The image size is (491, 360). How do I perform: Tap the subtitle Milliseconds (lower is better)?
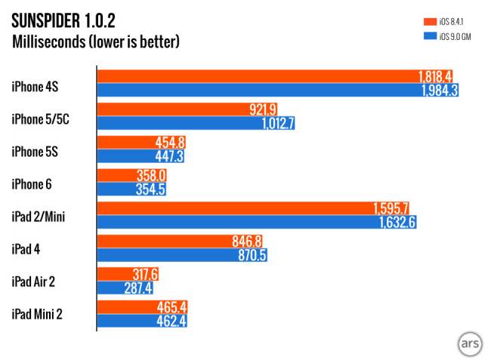click(x=97, y=41)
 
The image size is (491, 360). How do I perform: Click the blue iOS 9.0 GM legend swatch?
click(x=431, y=35)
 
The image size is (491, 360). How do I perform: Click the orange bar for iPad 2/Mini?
click(x=242, y=208)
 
